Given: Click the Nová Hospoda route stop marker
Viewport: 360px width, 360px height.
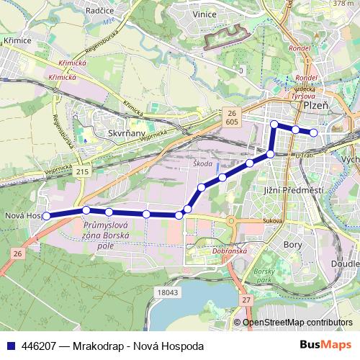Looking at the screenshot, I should click(x=46, y=215).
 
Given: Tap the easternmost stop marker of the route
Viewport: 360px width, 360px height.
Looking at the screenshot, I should click(x=313, y=132).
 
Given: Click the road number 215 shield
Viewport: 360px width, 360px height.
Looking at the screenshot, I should click(x=84, y=173).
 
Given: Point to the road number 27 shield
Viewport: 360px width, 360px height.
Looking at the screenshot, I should click(x=246, y=299).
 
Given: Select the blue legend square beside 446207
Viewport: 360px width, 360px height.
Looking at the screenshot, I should click(x=9, y=346).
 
